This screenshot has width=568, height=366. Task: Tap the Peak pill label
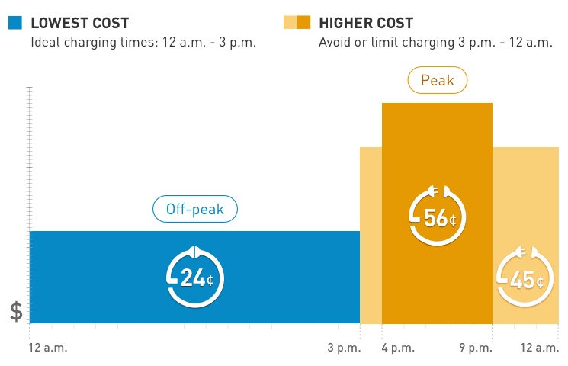click(x=437, y=80)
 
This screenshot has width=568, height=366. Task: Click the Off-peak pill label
click(x=195, y=209)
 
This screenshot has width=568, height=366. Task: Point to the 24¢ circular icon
click(x=195, y=276)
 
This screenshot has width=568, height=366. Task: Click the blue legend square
click(x=15, y=23)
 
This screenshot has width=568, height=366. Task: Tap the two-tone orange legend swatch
click(x=297, y=23)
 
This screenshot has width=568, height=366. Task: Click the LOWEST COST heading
click(x=80, y=23)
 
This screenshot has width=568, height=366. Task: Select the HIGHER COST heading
click(x=366, y=23)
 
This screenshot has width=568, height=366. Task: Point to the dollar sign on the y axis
click(x=16, y=311)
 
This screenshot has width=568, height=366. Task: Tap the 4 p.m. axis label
click(x=398, y=348)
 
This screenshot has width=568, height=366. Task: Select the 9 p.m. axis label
click(x=476, y=348)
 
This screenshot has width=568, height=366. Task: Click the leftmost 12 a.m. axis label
click(x=48, y=348)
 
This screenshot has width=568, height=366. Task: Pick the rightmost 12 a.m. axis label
click(x=540, y=348)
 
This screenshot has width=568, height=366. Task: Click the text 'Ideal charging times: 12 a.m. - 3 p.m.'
click(x=143, y=43)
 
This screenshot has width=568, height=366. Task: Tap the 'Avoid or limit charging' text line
click(x=435, y=43)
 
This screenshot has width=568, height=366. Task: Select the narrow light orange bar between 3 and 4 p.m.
click(x=371, y=236)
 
